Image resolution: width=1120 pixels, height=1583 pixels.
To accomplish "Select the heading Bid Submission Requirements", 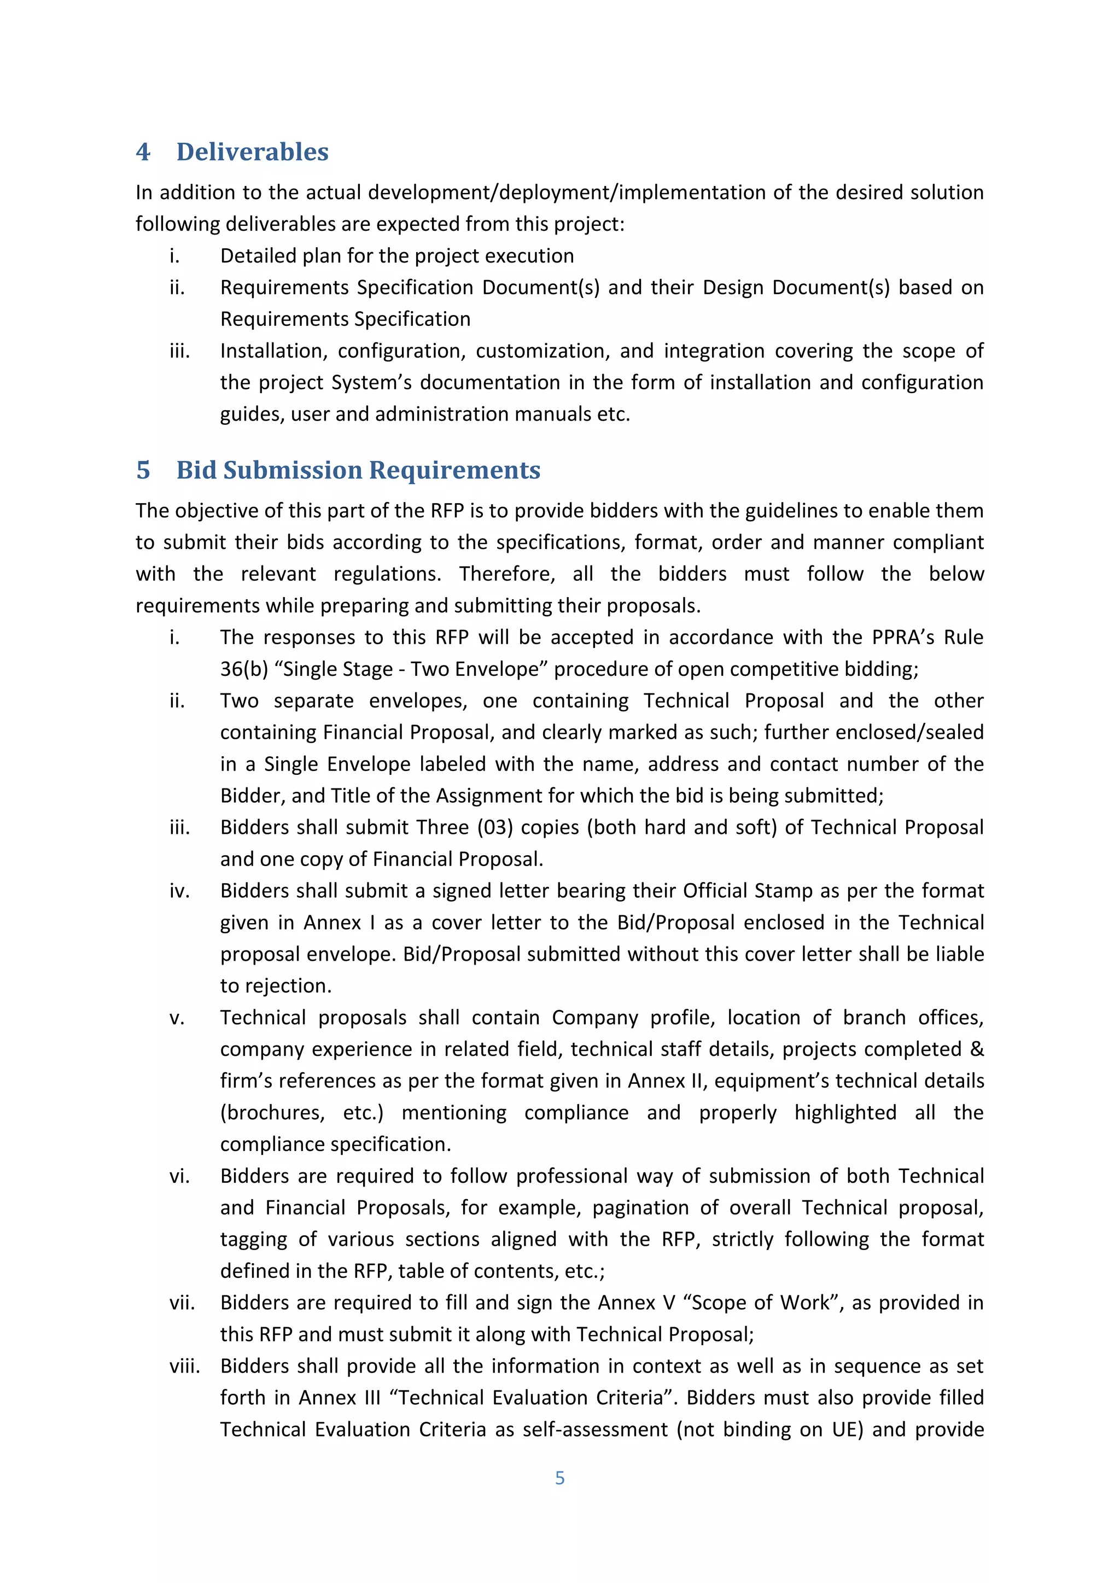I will (x=358, y=470).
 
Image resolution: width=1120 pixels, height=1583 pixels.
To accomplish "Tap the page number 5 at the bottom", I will (x=559, y=1477).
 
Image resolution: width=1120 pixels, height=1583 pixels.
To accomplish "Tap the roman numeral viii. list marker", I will (x=185, y=1366).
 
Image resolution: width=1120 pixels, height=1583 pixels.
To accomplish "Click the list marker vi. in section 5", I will (x=179, y=1176).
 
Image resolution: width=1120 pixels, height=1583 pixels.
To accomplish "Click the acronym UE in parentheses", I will (x=844, y=1429).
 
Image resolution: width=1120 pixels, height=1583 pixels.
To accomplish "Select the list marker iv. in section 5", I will (x=179, y=891).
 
